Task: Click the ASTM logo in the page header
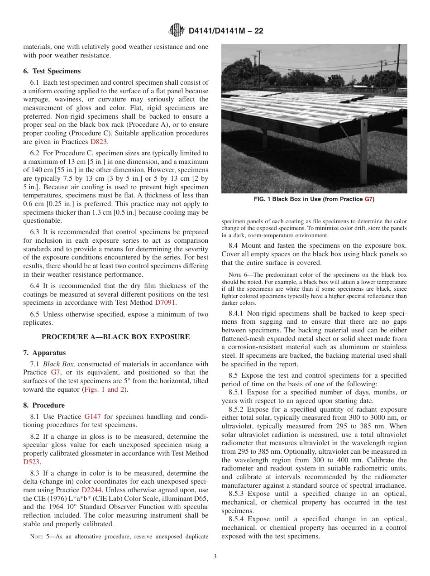click(x=176, y=31)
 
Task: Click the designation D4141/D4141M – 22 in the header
click(x=225, y=31)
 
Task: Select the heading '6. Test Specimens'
click(x=52, y=71)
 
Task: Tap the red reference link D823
click(x=99, y=142)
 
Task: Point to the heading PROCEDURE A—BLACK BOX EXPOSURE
click(x=115, y=336)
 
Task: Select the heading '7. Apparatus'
click(x=44, y=353)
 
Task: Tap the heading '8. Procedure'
click(x=44, y=405)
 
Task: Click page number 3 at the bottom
click(x=215, y=557)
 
